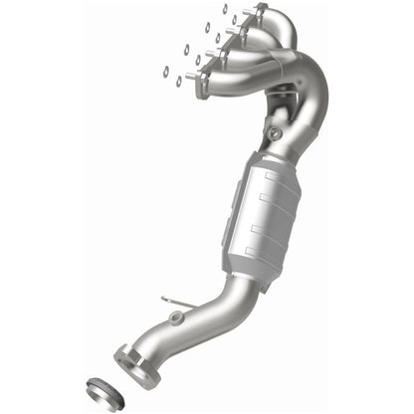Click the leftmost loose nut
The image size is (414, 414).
click(x=165, y=72)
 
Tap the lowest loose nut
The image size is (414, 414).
click(x=179, y=81)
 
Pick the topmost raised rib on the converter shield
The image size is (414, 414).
click(x=275, y=178)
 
